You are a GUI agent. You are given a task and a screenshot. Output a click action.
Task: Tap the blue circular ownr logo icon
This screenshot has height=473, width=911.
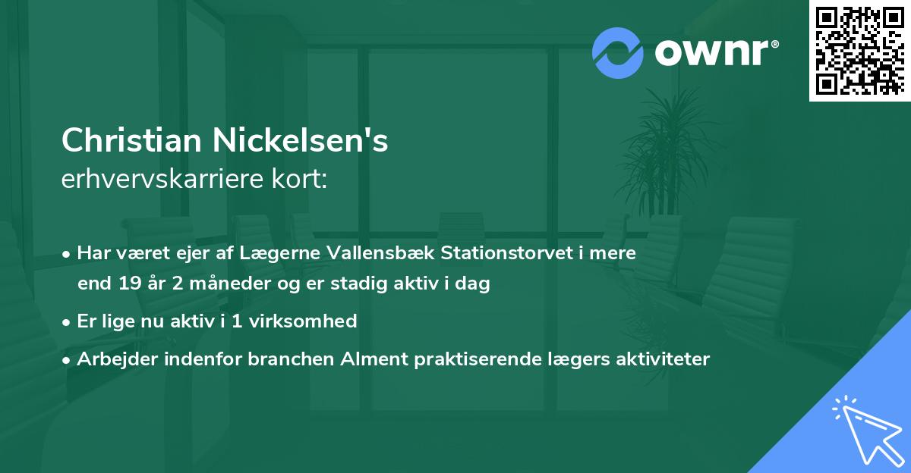tap(616, 52)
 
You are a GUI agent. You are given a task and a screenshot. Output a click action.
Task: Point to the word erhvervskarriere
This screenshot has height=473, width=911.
tap(165, 180)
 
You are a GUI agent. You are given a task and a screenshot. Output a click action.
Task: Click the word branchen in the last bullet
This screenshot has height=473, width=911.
tap(282, 359)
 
